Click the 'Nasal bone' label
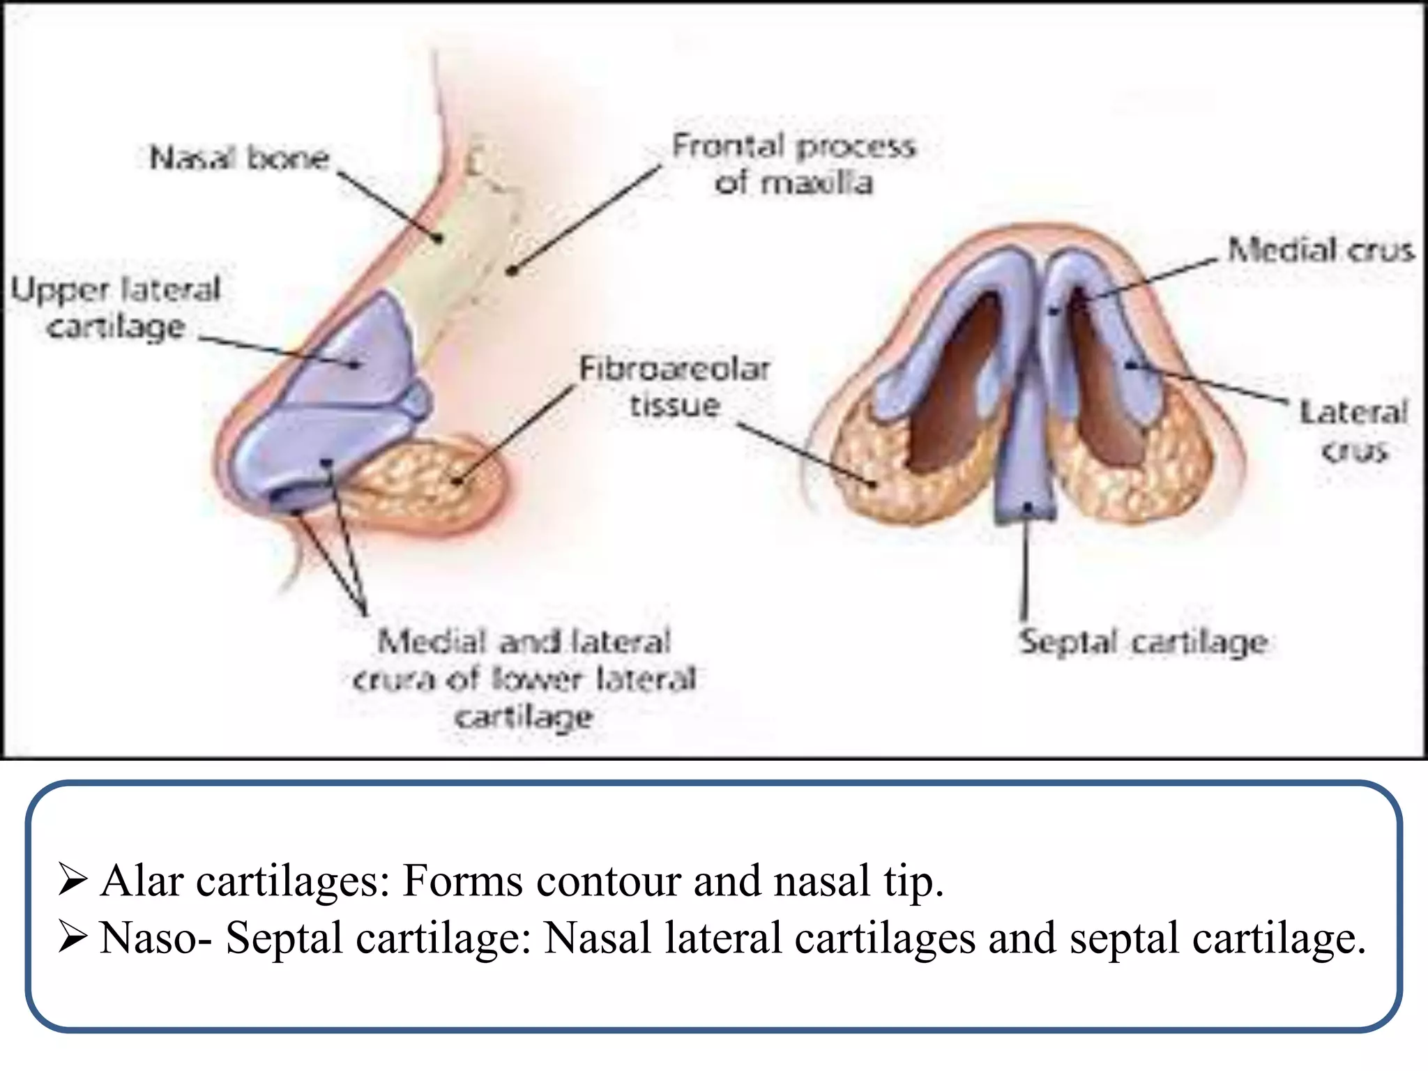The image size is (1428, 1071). tap(239, 158)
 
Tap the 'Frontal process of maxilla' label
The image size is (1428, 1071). tap(793, 165)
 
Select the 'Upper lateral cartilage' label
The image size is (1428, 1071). tap(116, 308)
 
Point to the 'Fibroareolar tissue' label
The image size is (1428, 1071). tap(674, 387)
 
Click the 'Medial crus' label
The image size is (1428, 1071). tap(1321, 250)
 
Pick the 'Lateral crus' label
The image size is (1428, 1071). tap(1353, 431)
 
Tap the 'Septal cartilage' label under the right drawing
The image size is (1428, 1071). tap(1143, 642)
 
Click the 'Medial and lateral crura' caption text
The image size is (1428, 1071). tap(524, 678)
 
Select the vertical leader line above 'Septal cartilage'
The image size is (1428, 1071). tap(1025, 565)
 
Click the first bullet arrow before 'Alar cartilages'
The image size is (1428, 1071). tap(72, 881)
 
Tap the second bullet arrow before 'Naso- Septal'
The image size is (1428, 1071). tap(72, 938)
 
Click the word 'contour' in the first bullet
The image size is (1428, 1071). tap(608, 881)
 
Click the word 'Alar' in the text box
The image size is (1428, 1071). tap(142, 881)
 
